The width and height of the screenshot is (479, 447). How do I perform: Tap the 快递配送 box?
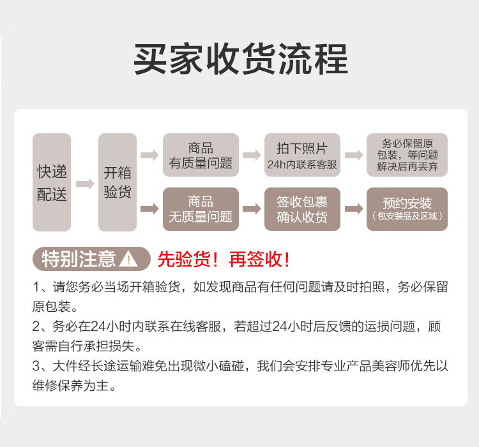click(x=52, y=182)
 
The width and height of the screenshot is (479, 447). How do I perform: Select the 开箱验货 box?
click(x=118, y=182)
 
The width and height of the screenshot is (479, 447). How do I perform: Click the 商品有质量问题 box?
click(x=201, y=156)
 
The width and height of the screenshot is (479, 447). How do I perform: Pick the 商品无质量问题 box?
click(x=201, y=209)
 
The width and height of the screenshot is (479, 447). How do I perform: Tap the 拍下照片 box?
click(x=302, y=156)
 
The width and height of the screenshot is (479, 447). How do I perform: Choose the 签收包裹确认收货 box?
click(x=302, y=209)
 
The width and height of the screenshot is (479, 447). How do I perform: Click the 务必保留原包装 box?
click(x=407, y=156)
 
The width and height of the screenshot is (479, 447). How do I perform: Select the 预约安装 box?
click(x=407, y=209)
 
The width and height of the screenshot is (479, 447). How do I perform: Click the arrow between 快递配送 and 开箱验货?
click(x=84, y=184)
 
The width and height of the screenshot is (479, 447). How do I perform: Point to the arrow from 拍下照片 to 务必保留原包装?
click(x=353, y=156)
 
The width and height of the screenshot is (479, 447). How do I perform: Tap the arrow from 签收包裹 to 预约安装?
click(x=353, y=209)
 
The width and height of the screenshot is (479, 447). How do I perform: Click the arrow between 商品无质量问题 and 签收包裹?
click(x=252, y=209)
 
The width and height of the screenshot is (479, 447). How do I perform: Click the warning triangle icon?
click(x=128, y=260)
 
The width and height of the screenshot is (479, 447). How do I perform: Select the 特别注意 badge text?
click(x=79, y=260)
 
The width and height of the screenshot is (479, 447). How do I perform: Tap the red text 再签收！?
click(x=261, y=260)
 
